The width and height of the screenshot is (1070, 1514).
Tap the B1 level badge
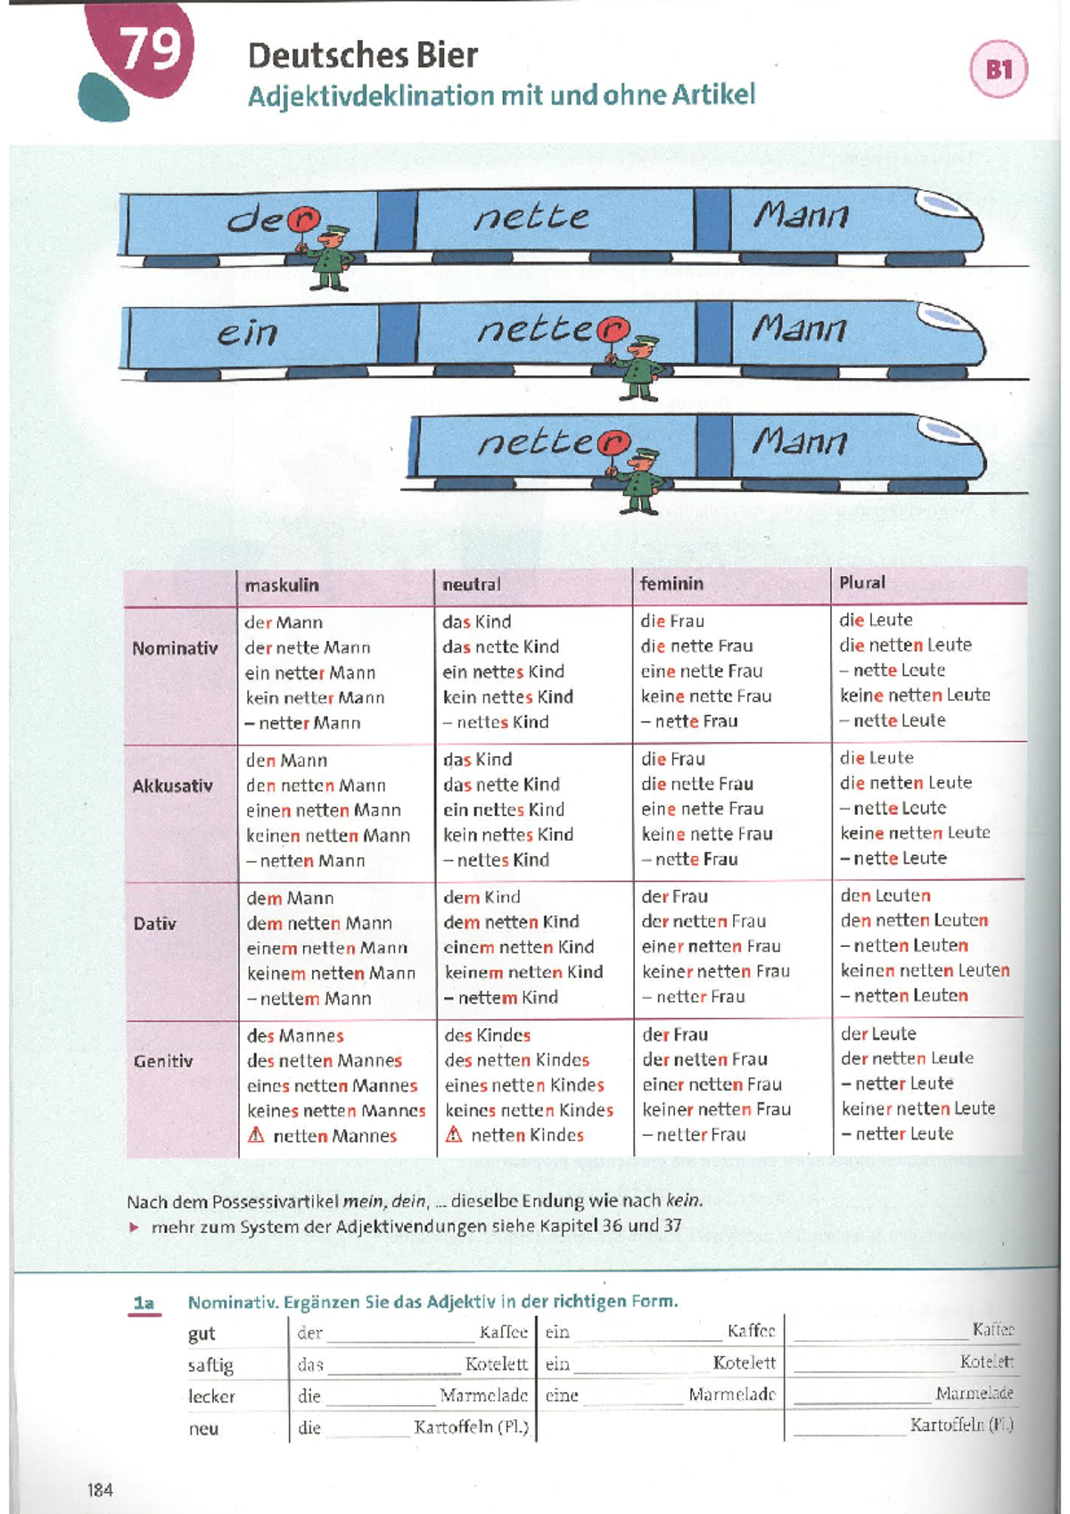tap(999, 69)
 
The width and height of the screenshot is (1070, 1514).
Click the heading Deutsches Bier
tap(363, 55)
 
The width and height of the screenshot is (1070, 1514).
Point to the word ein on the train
tap(247, 333)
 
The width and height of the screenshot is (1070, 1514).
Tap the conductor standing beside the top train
tap(329, 257)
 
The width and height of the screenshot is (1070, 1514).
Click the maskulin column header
tap(281, 585)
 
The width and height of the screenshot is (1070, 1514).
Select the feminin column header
tap(671, 584)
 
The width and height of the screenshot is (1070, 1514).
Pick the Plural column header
tap(862, 582)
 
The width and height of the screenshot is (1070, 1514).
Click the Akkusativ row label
tap(172, 786)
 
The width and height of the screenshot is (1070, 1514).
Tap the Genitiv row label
tap(163, 1061)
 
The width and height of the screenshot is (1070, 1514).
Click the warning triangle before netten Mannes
tap(256, 1135)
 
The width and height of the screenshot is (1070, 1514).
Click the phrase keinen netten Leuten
tap(925, 971)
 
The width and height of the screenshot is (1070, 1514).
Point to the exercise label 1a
tap(144, 1303)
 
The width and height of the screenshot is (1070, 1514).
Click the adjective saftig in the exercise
tap(211, 1366)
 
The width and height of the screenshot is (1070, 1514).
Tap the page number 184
tap(100, 1490)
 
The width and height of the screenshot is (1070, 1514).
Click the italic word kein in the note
tap(683, 1201)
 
